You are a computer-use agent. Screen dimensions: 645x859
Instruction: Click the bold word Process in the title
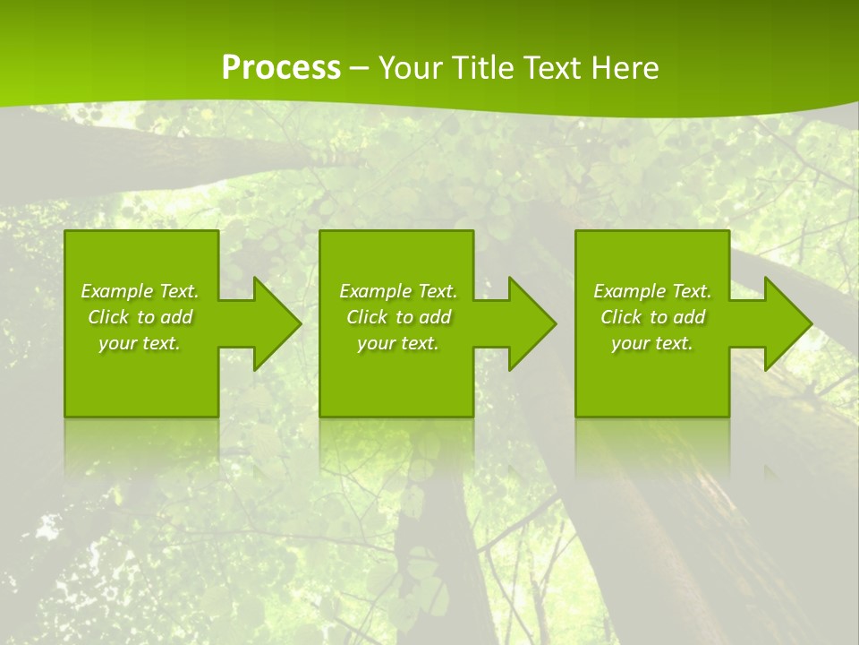tap(281, 67)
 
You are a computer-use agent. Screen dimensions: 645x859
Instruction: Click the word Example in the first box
tap(116, 291)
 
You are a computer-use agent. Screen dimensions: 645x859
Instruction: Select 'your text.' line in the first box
tap(140, 343)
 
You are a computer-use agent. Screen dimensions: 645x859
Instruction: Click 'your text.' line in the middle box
tap(398, 343)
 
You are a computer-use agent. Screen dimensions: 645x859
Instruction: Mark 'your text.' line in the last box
tap(652, 343)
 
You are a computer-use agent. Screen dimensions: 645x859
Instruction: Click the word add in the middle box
tap(435, 317)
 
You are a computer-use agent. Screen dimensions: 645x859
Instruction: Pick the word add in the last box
tap(689, 317)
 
